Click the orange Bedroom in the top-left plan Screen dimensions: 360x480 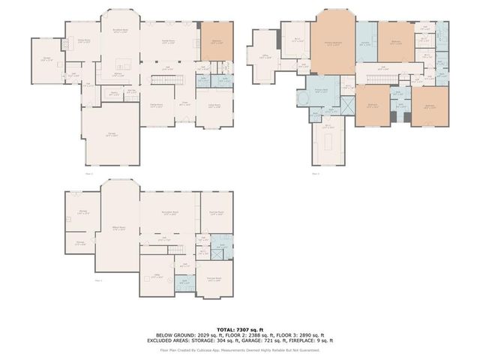(215, 43)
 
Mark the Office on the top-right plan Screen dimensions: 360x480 (265, 57)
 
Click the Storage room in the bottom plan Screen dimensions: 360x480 (80, 244)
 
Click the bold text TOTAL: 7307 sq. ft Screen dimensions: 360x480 (240, 328)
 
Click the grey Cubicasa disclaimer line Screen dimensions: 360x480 (240, 349)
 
